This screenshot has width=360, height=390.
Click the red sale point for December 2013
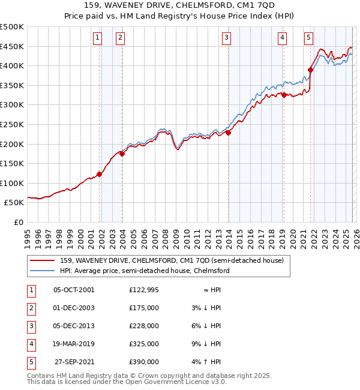[229, 133]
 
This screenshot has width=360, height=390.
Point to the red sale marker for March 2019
[284, 95]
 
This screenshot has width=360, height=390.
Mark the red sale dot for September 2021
[311, 70]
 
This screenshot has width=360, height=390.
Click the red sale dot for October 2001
[100, 174]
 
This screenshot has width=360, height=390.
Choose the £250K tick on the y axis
[12, 124]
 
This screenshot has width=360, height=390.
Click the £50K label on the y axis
[14, 203]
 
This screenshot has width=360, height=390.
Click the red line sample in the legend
[43, 260]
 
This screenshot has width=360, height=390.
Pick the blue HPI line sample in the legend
[43, 271]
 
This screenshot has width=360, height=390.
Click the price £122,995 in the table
[144, 289]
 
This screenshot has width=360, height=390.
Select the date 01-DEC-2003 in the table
[74, 307]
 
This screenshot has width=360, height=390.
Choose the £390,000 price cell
[144, 361]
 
